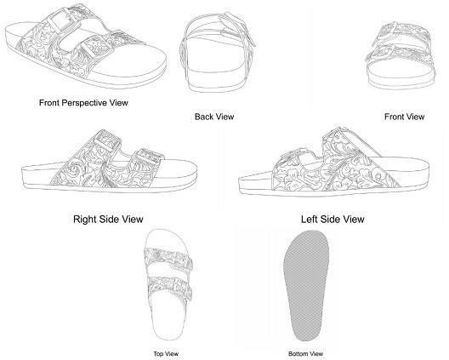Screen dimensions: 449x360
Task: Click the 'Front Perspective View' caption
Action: pyautogui.click(x=83, y=103)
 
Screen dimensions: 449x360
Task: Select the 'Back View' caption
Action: pyautogui.click(x=214, y=117)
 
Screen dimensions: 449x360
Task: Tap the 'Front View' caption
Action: pyautogui.click(x=404, y=117)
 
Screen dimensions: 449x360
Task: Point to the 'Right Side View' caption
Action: pyautogui.click(x=108, y=220)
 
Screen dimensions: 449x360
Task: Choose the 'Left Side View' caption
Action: pyautogui.click(x=332, y=220)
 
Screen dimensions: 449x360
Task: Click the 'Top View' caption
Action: pyautogui.click(x=166, y=354)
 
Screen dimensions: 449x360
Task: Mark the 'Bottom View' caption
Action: pyautogui.click(x=305, y=354)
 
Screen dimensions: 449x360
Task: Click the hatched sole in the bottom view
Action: pyautogui.click(x=306, y=285)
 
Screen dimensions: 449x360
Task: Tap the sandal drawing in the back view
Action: pyautogui.click(x=218, y=52)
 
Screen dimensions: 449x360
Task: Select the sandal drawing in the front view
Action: pyautogui.click(x=401, y=56)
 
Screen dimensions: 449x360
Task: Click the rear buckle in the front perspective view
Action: pyautogui.click(x=61, y=20)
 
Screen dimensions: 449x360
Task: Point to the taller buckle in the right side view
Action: pyautogui.click(x=107, y=142)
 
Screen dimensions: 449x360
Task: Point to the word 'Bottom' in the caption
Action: pyautogui.click(x=298, y=354)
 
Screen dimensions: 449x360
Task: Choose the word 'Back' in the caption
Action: pyautogui.click(x=203, y=117)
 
